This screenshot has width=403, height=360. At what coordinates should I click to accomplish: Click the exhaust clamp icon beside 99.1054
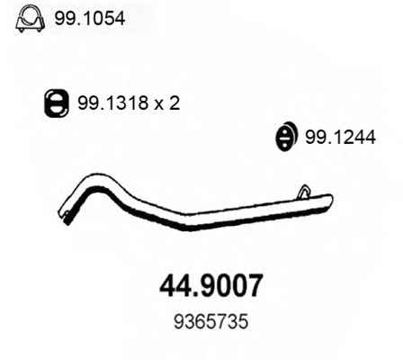(x=30, y=19)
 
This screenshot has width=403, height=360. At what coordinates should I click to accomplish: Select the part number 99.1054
(x=89, y=19)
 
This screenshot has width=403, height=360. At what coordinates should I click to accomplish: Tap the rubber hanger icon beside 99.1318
(x=57, y=103)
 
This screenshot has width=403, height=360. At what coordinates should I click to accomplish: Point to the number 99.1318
(x=113, y=103)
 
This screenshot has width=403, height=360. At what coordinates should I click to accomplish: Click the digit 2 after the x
(x=174, y=103)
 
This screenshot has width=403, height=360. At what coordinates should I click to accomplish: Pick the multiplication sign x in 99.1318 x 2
(x=158, y=105)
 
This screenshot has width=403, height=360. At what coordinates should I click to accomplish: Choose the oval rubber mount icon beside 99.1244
(x=286, y=136)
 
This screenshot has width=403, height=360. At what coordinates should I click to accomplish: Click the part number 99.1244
(x=340, y=138)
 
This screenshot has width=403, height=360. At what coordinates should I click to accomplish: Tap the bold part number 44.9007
(x=211, y=286)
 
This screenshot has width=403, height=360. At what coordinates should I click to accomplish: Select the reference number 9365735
(x=211, y=321)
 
